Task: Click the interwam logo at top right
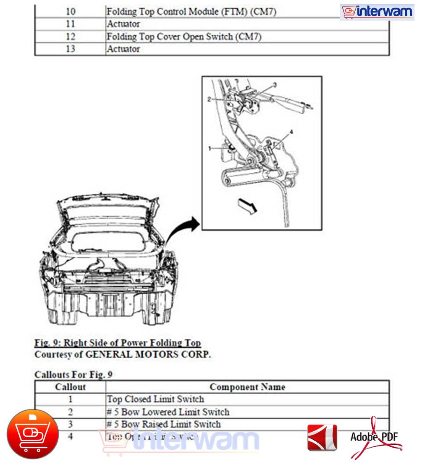377,12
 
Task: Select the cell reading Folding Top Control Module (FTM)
191,12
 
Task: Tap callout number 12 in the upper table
70,36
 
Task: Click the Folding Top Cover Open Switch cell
184,36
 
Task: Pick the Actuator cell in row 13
123,49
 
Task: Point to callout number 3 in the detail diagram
275,85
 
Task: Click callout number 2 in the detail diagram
209,99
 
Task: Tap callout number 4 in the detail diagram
291,132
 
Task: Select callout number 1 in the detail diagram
210,148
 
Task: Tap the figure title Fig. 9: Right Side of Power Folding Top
118,343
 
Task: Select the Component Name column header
247,387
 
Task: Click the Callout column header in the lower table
70,387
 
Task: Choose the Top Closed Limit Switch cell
155,399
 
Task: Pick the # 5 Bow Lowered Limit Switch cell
168,412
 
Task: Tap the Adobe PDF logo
376,438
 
